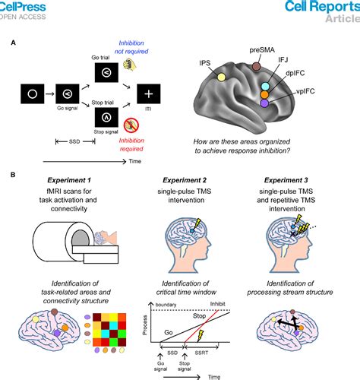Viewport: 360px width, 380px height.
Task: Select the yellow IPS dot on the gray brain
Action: click(x=221, y=77)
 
